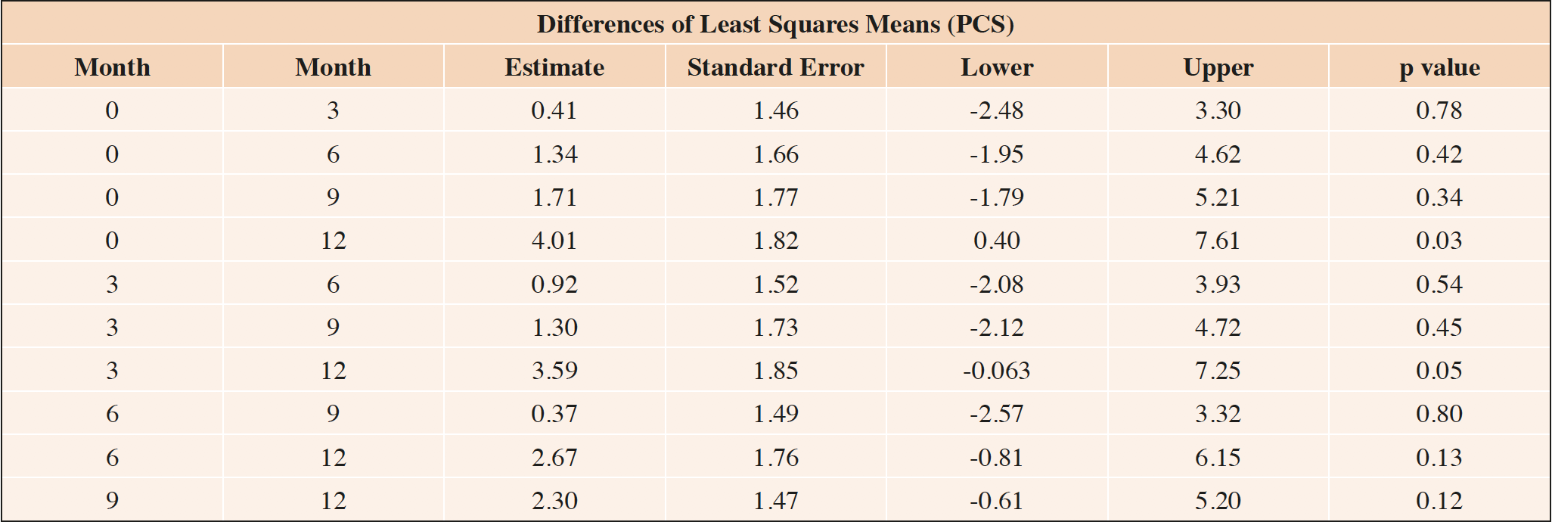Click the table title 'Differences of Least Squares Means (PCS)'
775,24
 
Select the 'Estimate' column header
554,67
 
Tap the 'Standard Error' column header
775,67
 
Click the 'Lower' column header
997,67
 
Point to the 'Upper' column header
1218,67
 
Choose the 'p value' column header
1439,67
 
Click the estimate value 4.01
554,241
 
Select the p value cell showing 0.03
1439,241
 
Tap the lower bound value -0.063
997,371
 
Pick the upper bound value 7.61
1218,241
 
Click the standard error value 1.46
775,110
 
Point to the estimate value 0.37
554,414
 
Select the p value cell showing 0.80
1439,414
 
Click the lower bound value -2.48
997,110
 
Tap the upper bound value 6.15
1218,458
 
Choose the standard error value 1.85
775,371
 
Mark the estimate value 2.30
554,501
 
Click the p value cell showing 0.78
1439,110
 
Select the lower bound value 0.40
997,241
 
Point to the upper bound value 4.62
1218,154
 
